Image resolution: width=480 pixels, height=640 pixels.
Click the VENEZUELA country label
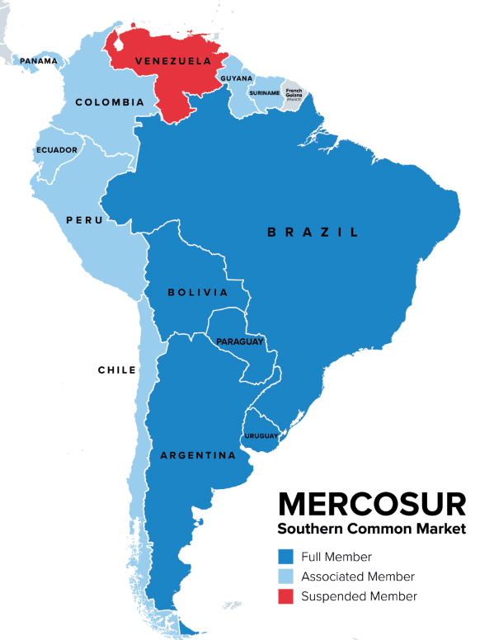(x=167, y=61)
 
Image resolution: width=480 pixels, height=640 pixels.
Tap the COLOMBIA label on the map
(x=110, y=102)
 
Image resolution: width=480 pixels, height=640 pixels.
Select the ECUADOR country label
(x=57, y=150)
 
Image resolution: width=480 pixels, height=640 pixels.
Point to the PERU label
(x=85, y=220)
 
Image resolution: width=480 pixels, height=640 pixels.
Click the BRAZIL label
(x=313, y=233)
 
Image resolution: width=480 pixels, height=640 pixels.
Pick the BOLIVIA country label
(x=197, y=292)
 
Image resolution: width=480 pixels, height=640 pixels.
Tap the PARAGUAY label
(x=239, y=341)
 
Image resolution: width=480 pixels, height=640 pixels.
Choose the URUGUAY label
(x=261, y=435)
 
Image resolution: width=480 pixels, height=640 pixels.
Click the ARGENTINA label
(x=198, y=455)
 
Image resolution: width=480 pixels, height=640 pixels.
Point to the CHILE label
(x=117, y=370)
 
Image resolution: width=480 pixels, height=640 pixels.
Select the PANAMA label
(x=39, y=61)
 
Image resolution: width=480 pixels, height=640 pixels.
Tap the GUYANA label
(x=236, y=78)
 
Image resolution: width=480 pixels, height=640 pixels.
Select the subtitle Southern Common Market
(x=371, y=529)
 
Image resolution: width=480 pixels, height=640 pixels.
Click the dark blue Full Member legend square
(x=286, y=557)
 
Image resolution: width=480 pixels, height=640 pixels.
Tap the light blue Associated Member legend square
(x=286, y=576)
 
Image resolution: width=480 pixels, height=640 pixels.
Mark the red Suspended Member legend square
(x=286, y=596)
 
